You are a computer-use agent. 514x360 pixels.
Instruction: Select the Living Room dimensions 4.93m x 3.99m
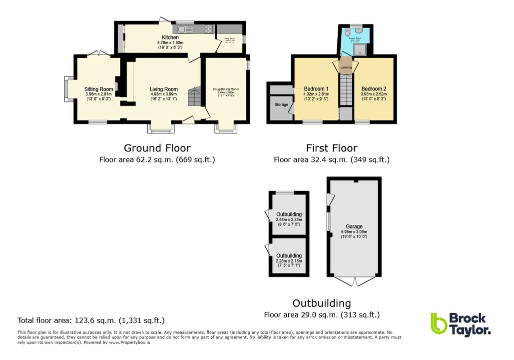point(164,94)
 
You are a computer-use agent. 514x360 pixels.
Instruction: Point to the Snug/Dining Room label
point(225,89)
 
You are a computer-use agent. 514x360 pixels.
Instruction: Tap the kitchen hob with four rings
point(208,28)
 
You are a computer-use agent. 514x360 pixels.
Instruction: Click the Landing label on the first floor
point(346,67)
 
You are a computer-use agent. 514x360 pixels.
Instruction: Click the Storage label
point(281,104)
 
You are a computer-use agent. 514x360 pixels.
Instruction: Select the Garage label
point(354,226)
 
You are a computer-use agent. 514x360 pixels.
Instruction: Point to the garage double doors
point(354,281)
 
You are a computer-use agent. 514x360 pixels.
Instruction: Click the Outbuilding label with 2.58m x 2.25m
point(289,214)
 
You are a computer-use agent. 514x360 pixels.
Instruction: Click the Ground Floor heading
point(157,148)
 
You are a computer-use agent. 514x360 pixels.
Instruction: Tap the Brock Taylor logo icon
point(438,323)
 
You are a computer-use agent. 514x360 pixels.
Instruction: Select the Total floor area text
point(91,320)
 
